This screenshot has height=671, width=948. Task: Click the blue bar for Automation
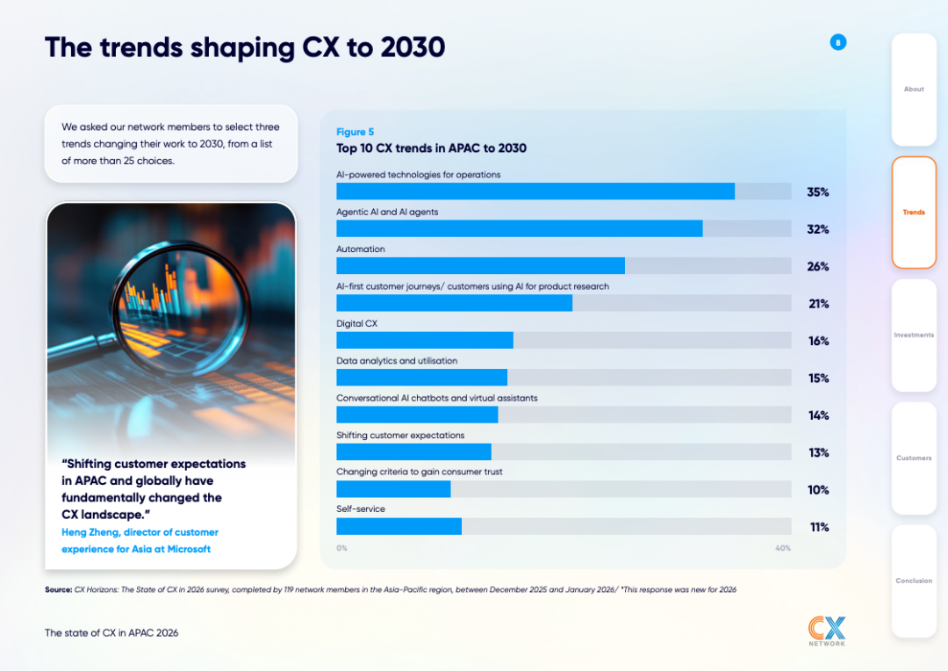[481, 265]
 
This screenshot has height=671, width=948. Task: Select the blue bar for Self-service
[399, 526]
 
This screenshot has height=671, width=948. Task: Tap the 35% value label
[818, 192]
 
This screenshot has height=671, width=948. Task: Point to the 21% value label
[819, 304]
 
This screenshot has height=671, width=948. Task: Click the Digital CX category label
[356, 324]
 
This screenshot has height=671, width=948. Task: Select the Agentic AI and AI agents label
[387, 212]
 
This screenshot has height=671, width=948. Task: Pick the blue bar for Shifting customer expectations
[414, 452]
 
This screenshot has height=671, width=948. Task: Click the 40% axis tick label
[783, 548]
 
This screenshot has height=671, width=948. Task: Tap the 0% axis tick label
[342, 548]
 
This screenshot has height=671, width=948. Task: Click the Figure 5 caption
[355, 132]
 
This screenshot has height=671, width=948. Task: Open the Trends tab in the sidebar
[914, 213]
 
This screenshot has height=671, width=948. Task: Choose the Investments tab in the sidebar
[914, 335]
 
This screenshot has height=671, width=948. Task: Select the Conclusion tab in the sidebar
[914, 581]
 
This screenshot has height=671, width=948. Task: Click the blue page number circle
[838, 42]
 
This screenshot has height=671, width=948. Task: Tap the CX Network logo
[827, 631]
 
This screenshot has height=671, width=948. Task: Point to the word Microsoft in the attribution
[189, 549]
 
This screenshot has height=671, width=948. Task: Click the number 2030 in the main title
[413, 47]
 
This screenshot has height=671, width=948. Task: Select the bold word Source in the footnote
[59, 589]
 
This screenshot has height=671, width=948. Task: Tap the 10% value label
[818, 490]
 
